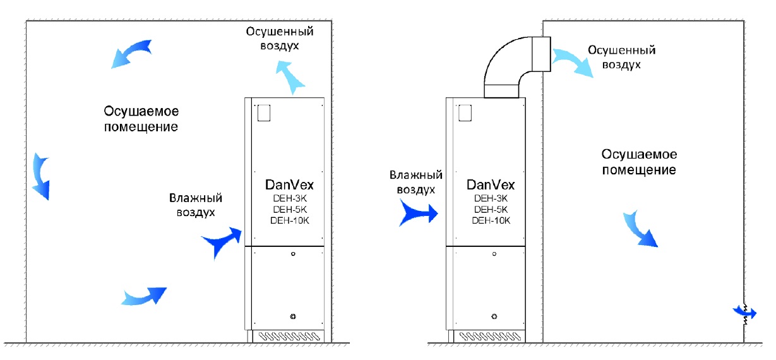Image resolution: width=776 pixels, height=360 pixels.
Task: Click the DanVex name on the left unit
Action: [289, 185]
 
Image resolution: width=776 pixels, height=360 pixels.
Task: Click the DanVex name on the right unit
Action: [491, 185]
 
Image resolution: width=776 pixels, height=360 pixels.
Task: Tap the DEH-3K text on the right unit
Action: [491, 198]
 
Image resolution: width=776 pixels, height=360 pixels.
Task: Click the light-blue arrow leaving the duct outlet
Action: [573, 61]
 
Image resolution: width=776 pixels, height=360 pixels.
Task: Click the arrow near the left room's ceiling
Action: [131, 52]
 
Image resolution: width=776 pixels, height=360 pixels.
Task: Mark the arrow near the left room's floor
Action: [144, 295]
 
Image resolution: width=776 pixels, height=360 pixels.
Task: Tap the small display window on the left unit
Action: [264, 112]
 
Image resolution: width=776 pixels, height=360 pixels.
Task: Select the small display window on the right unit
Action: [466, 112]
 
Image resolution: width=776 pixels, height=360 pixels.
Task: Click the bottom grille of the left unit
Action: [287, 335]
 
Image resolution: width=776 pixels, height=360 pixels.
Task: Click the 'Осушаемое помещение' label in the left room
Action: [142, 119]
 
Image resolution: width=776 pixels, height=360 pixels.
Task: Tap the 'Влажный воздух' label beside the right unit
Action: [415, 182]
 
